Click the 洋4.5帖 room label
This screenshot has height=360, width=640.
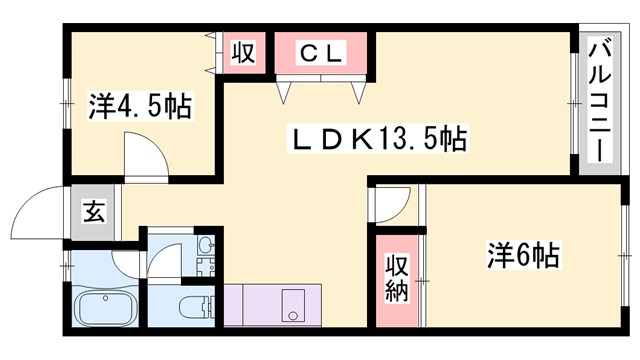click(141, 105)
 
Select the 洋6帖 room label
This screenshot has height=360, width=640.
click(523, 255)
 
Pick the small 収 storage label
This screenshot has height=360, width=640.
click(244, 52)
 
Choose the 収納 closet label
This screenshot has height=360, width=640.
click(397, 278)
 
